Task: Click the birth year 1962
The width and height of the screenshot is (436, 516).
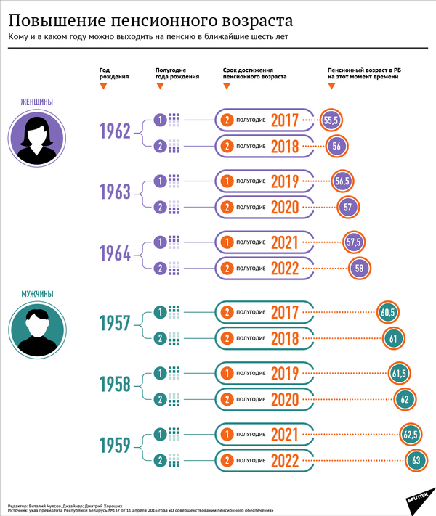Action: tap(115, 131)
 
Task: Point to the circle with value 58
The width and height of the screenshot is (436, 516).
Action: tap(358, 269)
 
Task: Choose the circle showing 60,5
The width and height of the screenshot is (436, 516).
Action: tap(387, 313)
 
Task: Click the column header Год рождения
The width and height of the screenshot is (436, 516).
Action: tap(110, 73)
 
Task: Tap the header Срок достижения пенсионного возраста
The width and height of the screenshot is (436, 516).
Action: tap(254, 73)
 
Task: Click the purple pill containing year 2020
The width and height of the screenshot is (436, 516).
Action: tap(265, 207)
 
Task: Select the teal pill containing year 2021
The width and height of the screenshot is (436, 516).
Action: tap(265, 435)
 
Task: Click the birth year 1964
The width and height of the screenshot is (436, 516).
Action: tap(115, 254)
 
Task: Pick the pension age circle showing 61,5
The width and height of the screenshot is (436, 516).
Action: tap(398, 374)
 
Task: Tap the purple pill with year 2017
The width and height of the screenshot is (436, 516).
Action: tap(265, 120)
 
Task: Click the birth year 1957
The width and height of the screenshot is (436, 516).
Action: tap(115, 324)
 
